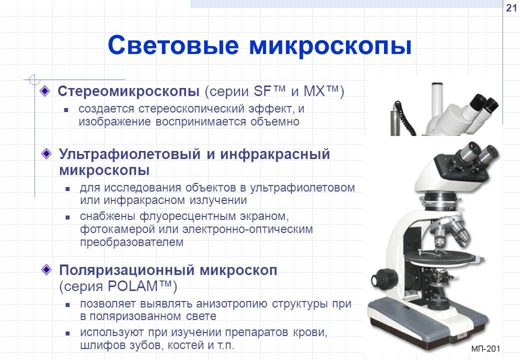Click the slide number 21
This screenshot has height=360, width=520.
click(x=511, y=7)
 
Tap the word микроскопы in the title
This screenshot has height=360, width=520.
click(x=330, y=46)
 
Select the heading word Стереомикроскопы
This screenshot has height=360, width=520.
click(x=128, y=91)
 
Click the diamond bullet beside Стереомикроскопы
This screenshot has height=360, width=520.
click(x=44, y=91)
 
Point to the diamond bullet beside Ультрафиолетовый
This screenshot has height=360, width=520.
click(x=46, y=153)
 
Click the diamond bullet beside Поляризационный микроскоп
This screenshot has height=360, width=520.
click(x=46, y=269)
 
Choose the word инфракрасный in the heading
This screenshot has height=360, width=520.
click(x=275, y=154)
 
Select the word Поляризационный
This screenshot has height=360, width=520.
click(x=125, y=270)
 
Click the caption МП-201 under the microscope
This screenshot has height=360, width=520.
click(x=485, y=348)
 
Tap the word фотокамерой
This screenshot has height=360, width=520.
click(x=117, y=229)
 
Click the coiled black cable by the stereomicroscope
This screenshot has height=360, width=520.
click(x=404, y=120)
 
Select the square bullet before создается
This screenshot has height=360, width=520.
click(x=66, y=109)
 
